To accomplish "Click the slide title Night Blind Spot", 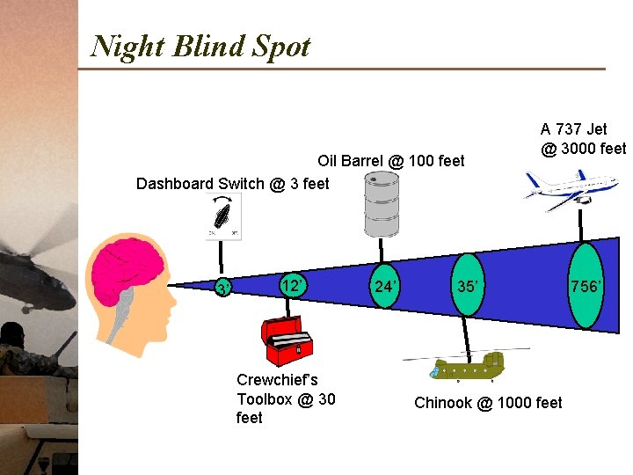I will (200, 46).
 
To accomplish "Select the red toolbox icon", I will (287, 340).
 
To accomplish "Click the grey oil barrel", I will (381, 203).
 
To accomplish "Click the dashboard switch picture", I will (223, 216).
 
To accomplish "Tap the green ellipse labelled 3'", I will (223, 288).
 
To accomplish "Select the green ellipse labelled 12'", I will (293, 285).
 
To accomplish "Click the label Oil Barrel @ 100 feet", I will (391, 161).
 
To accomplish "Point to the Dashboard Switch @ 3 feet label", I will (233, 184).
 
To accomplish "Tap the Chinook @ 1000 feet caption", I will (488, 403).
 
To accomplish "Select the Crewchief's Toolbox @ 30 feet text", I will (286, 398).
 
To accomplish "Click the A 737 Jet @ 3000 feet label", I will (583, 139).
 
